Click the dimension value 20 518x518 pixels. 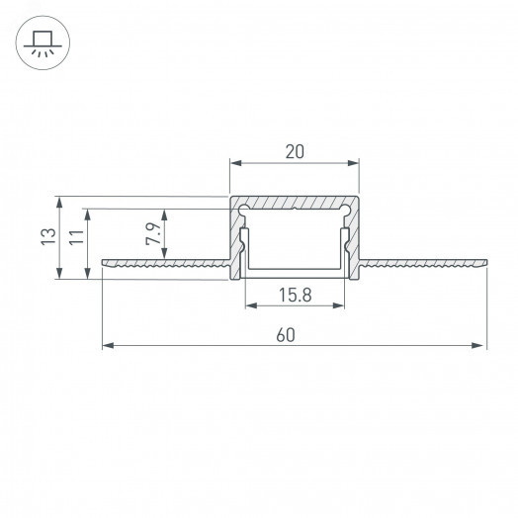[x=295, y=151]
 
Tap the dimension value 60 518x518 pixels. [x=286, y=335]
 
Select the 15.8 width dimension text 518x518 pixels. [x=296, y=295]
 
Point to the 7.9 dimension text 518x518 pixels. [x=153, y=233]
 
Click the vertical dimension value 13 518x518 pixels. [x=48, y=236]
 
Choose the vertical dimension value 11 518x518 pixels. [x=77, y=236]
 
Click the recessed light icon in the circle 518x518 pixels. [x=43, y=43]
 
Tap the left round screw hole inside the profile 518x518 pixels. [x=244, y=209]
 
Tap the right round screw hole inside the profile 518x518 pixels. [x=345, y=209]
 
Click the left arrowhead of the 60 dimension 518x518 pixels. [x=108, y=346]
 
